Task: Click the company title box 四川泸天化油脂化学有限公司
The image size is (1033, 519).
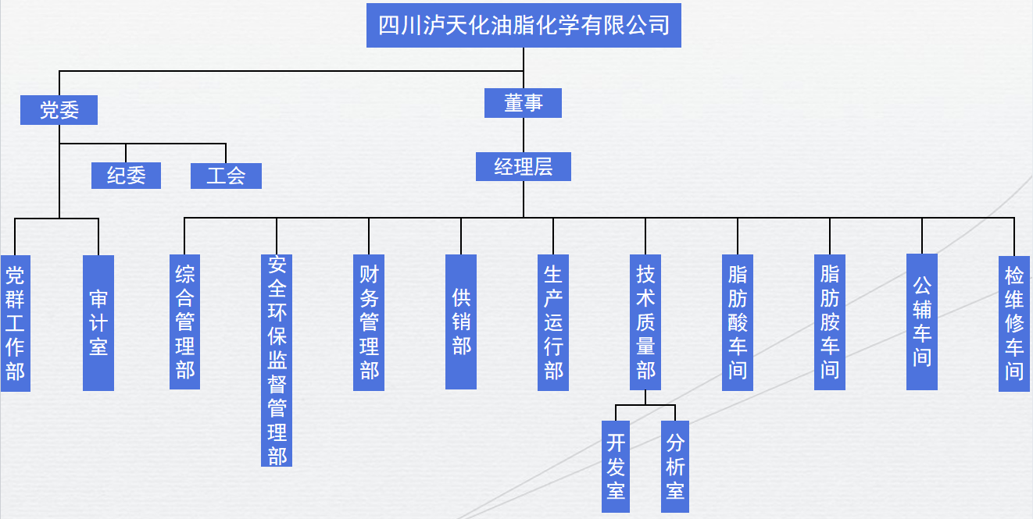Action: pos(524,25)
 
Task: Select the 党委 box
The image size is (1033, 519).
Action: pos(59,110)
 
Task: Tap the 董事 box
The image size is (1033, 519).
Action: pos(523,103)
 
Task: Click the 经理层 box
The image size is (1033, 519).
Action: pos(523,166)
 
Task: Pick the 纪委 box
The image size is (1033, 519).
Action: pos(126,176)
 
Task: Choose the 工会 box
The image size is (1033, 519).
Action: pos(226,176)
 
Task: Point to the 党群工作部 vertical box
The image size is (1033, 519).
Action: pos(15,323)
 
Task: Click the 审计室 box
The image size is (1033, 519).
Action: pos(98,323)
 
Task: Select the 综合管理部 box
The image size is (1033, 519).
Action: pos(184,322)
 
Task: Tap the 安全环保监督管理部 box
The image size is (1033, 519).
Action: pos(277,360)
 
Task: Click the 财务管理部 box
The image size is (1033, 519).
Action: pos(369,322)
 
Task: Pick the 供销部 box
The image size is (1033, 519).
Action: pos(461,322)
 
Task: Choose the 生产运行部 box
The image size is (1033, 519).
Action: pos(553,322)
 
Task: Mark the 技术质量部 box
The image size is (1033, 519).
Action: pos(645,322)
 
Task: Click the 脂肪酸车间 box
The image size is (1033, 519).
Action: pos(738,322)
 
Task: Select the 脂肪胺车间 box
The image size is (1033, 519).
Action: pos(830,322)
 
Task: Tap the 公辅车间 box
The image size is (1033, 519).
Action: pos(922,322)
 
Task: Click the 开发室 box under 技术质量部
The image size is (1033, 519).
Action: pos(616,467)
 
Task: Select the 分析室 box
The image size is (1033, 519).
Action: pos(675,467)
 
